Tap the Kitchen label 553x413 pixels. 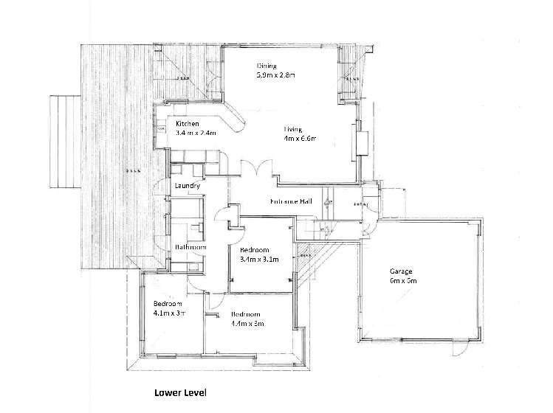[188, 123]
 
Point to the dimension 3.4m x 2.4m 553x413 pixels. [196, 133]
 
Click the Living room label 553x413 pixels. [293, 128]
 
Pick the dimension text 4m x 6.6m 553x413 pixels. [300, 138]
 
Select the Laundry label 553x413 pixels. [188, 187]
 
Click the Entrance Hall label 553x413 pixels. [272, 202]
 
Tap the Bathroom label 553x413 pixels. [190, 247]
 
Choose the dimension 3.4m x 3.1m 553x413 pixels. [259, 259]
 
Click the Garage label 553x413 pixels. [402, 271]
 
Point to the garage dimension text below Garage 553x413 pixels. [404, 280]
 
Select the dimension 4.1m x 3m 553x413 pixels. [168, 313]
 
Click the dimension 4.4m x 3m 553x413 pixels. [247, 323]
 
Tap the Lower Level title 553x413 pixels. [180, 394]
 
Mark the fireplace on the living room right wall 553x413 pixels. [361, 142]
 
